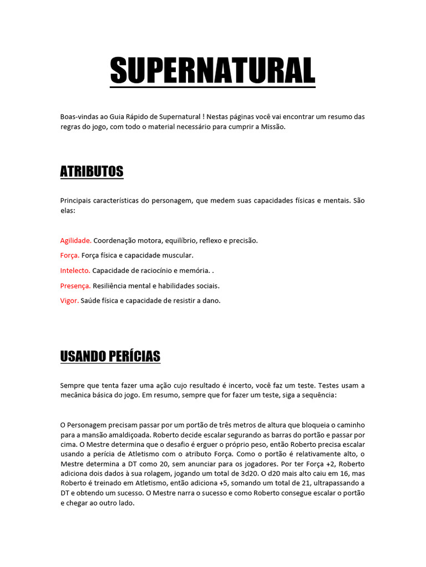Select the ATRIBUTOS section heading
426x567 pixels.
(x=92, y=172)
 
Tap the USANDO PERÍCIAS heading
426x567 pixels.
(x=110, y=355)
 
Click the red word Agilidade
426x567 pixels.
(x=75, y=241)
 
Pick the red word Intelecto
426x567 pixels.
(x=75, y=271)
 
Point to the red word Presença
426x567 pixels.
(x=75, y=286)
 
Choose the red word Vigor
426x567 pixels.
(x=69, y=301)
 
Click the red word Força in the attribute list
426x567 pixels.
(x=69, y=256)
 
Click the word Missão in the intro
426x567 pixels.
(x=271, y=127)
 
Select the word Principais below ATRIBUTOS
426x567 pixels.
(x=77, y=200)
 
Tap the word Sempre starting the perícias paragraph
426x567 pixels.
(x=73, y=385)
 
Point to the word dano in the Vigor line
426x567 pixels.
(x=212, y=301)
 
